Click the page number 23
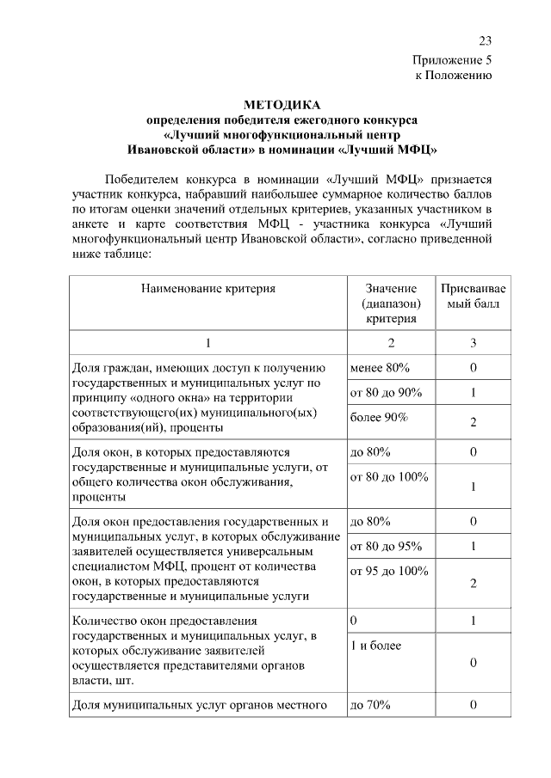(x=485, y=40)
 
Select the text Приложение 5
(x=452, y=60)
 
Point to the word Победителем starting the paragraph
(x=145, y=180)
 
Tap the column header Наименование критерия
(x=208, y=289)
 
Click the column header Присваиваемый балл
(x=473, y=296)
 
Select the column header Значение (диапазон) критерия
(x=390, y=303)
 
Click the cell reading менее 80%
(x=380, y=368)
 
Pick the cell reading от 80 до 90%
(x=386, y=392)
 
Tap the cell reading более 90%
(x=379, y=417)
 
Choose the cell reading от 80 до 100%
(x=388, y=476)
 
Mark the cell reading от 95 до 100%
(x=388, y=571)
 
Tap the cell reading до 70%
(x=370, y=706)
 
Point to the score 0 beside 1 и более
(x=473, y=662)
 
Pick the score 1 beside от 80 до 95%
(x=473, y=546)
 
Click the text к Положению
(x=453, y=76)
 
